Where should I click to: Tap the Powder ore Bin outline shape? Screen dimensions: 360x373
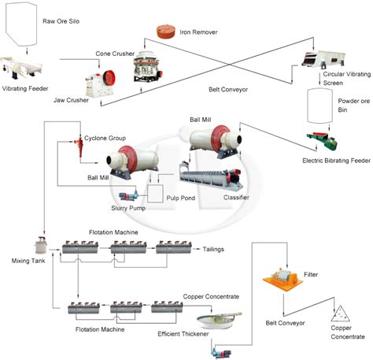[x=319, y=104]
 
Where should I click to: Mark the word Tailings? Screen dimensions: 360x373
[x=213, y=249]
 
